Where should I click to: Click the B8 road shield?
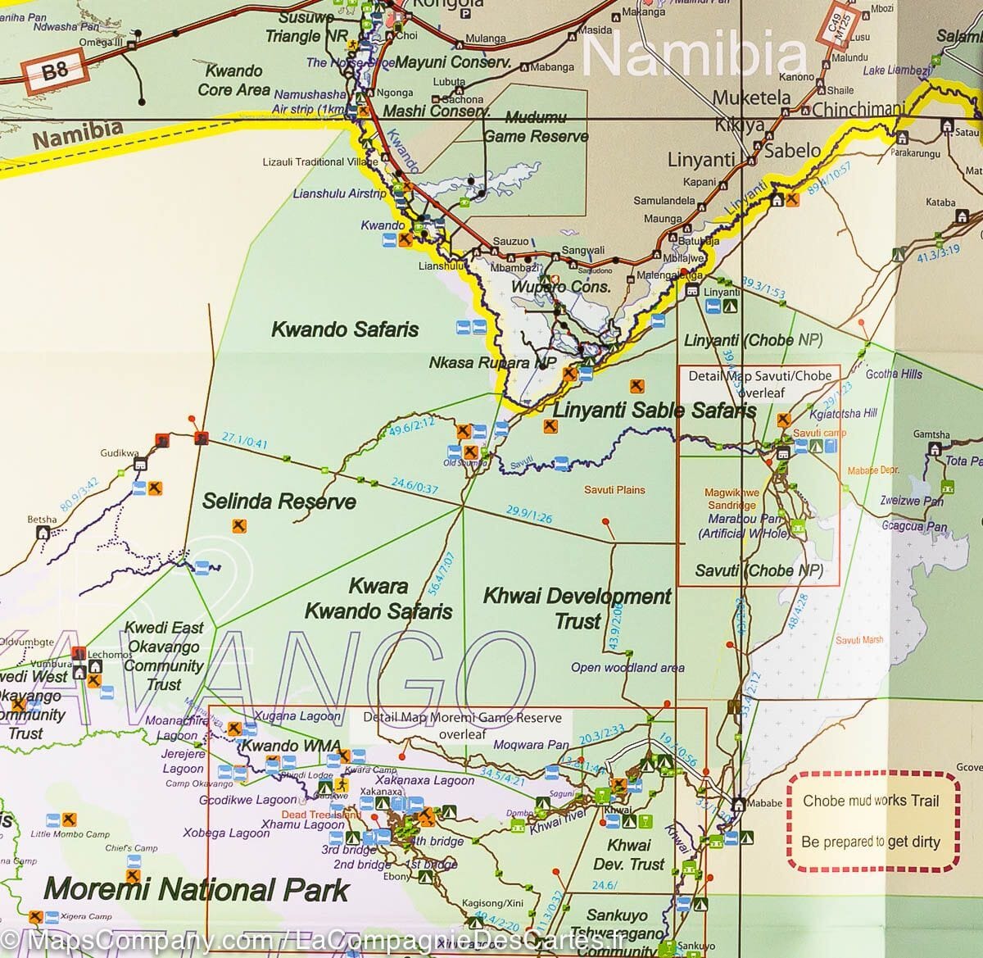[x=54, y=72]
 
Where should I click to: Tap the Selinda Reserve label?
[x=279, y=502]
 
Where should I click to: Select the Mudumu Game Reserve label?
[x=536, y=127]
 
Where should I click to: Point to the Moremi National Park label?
[x=197, y=890]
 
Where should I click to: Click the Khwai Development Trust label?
[x=578, y=609]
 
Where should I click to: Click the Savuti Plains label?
[x=614, y=490]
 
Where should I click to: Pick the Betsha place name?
[x=42, y=520]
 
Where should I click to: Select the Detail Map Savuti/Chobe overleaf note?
[x=759, y=384]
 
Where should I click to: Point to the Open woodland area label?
[x=627, y=668]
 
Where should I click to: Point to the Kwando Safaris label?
[x=345, y=330]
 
